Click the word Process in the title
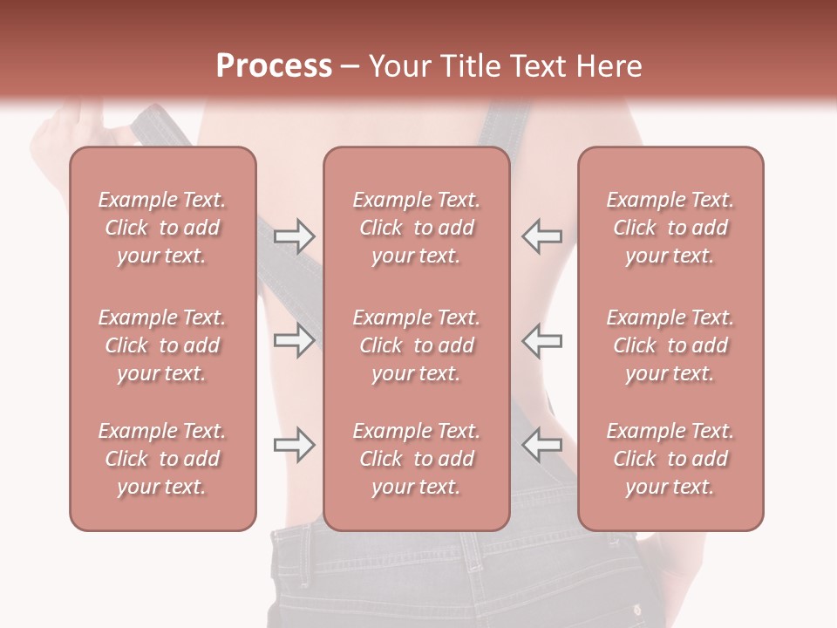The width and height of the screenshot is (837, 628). click(273, 65)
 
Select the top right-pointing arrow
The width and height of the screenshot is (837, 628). click(294, 235)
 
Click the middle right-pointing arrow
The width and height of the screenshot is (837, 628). click(294, 340)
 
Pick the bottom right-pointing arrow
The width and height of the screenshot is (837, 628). click(294, 445)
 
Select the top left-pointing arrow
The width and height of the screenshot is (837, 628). click(541, 235)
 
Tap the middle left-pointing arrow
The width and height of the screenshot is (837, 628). click(541, 340)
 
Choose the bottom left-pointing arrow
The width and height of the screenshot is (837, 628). click(541, 445)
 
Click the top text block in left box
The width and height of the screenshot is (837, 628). click(162, 228)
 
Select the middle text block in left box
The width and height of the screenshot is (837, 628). click(162, 345)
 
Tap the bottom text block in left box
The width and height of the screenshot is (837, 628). click(162, 459)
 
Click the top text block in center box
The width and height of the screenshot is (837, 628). click(416, 228)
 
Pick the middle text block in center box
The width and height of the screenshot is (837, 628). click(416, 345)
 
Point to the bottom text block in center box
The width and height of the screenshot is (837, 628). click(416, 459)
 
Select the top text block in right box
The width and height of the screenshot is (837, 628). click(670, 228)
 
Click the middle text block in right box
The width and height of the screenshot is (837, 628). click(670, 345)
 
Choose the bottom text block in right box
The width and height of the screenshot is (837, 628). click(670, 459)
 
